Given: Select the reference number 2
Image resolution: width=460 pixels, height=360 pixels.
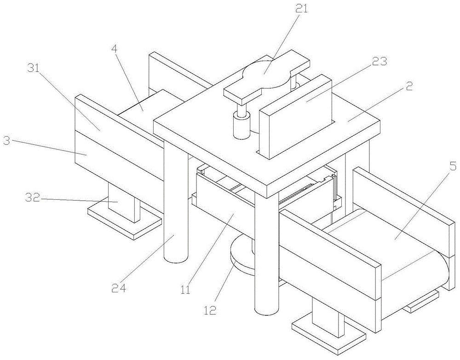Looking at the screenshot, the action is tap(409, 86).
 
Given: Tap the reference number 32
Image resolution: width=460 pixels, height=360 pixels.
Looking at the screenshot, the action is tap(32, 198).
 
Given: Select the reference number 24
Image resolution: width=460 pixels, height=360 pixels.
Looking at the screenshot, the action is tap(119, 288).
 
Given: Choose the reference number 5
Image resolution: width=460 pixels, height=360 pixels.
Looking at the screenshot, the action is tap(453, 167).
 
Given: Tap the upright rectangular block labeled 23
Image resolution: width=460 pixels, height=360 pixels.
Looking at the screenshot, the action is tap(294, 116).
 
